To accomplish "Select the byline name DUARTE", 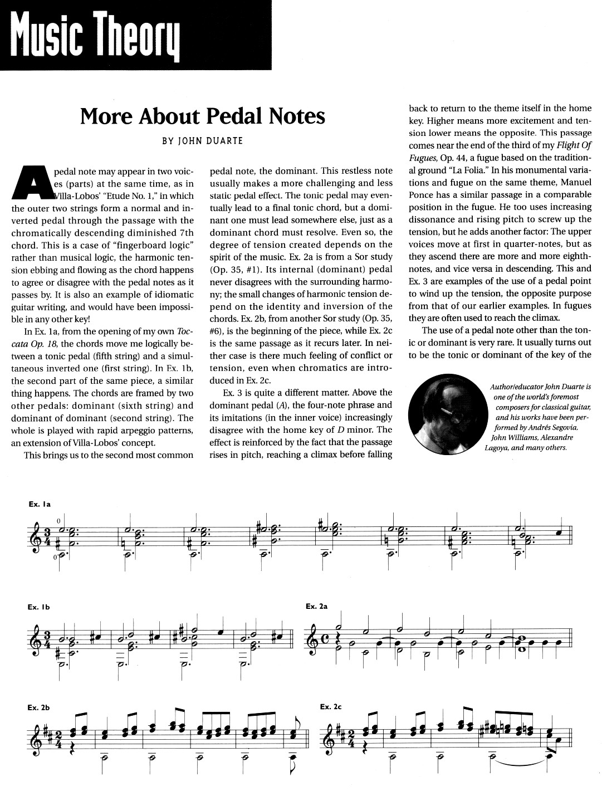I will click(223, 141).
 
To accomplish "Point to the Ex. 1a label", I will click(40, 504).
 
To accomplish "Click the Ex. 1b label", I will click(40, 607).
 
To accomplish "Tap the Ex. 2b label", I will click(40, 707).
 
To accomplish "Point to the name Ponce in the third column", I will click(423, 195).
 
